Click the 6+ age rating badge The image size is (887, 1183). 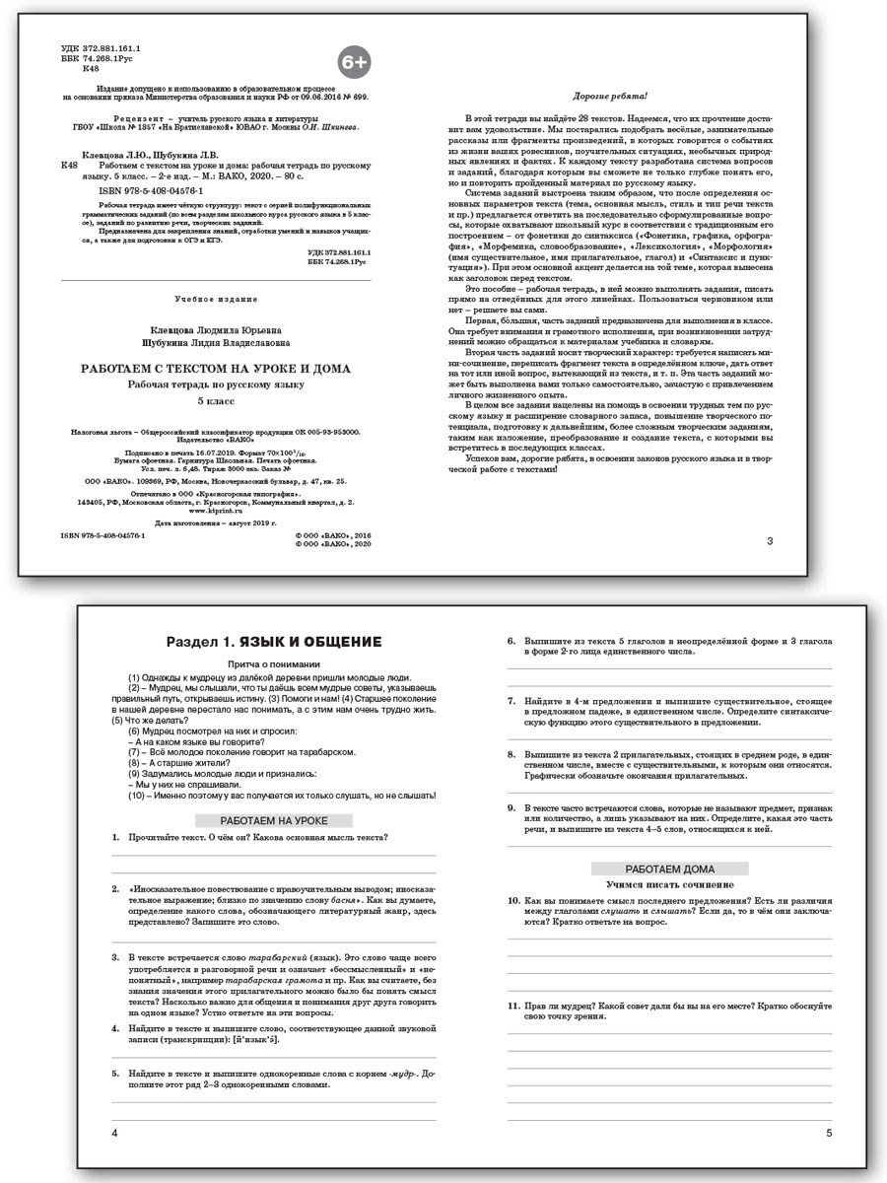click(354, 62)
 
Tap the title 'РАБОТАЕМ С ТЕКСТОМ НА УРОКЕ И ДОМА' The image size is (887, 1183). click(215, 368)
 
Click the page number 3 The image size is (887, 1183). click(770, 540)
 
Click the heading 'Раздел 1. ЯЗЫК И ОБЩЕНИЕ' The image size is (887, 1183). click(275, 642)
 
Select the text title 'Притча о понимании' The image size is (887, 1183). click(274, 664)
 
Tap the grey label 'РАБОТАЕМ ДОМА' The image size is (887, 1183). click(670, 869)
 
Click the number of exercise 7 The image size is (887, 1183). click(512, 701)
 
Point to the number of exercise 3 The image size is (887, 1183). click(116, 956)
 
